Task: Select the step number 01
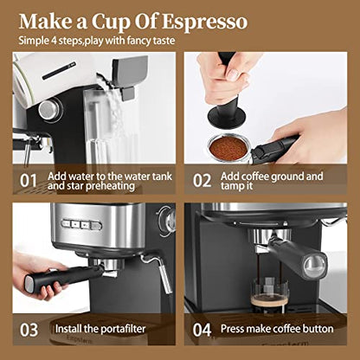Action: pyautogui.click(x=29, y=181)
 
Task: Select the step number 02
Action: pyautogui.click(x=202, y=181)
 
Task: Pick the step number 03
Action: pyautogui.click(x=29, y=330)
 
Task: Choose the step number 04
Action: pyautogui.click(x=202, y=330)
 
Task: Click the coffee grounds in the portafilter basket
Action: pyautogui.click(x=227, y=146)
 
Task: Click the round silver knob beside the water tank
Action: pyautogui.click(x=50, y=108)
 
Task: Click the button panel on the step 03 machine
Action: pyautogui.click(x=83, y=224)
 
